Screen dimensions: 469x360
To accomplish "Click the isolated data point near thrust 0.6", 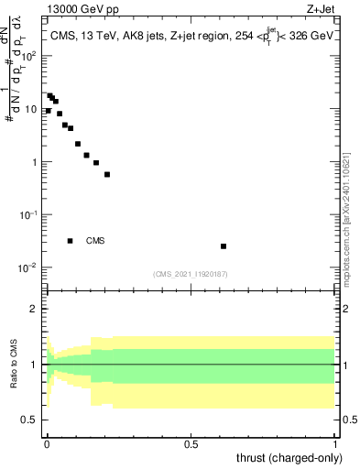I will coord(224,245).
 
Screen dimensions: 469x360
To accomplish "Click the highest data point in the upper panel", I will coord(50,95).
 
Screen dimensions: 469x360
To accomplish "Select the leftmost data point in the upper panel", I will coord(48,111).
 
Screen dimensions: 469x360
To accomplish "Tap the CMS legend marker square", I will coord(71,241).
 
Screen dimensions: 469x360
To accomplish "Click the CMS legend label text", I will coord(95,241).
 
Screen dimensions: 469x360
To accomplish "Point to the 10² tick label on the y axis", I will coord(30,56).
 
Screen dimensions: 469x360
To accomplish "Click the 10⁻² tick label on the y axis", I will coord(30,268).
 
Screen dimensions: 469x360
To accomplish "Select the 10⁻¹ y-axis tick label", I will coord(30,215).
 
